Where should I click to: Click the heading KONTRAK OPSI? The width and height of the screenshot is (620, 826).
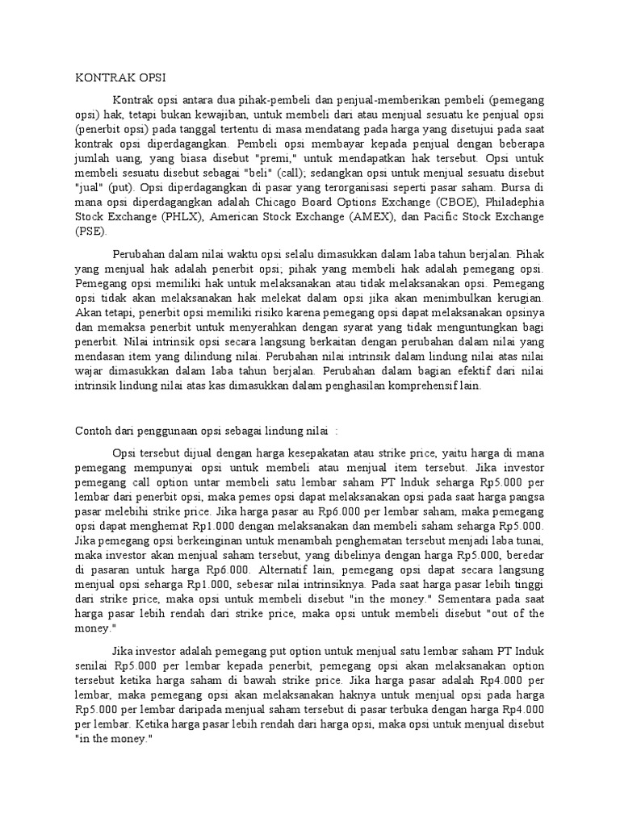click(119, 78)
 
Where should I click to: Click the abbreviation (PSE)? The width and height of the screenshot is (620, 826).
click(90, 232)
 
